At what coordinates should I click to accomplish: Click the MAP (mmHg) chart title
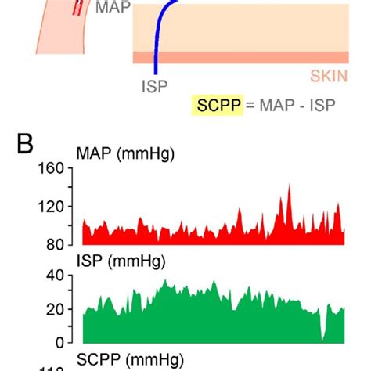125,156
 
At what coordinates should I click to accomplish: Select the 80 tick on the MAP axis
55,244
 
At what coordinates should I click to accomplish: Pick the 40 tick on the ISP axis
55,275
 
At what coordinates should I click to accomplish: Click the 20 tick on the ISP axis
55,308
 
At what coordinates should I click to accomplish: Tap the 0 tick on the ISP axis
59,342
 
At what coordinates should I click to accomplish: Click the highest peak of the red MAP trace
289,186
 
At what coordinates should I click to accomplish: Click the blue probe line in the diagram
157,39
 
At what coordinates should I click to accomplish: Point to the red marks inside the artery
77,8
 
